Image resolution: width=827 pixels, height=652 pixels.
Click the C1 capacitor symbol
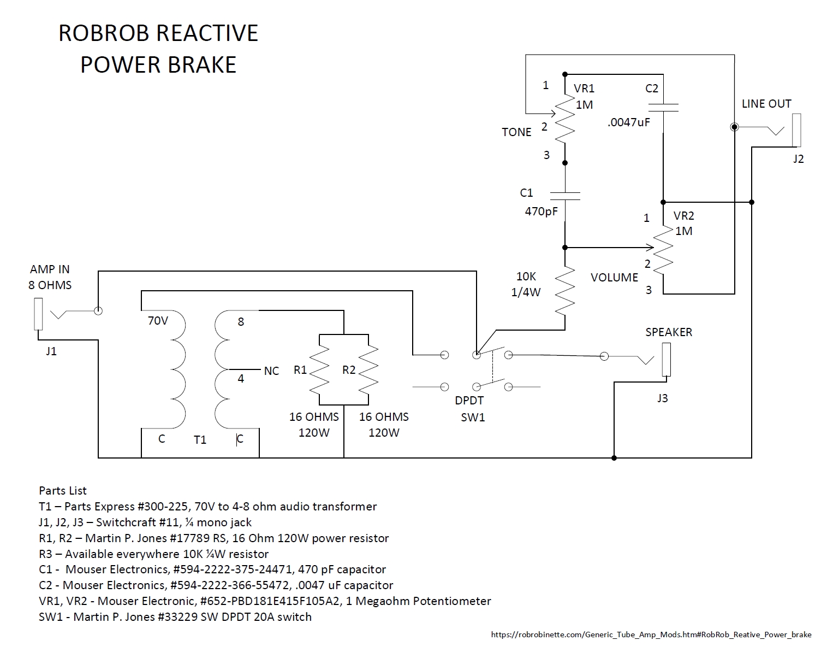(x=565, y=195)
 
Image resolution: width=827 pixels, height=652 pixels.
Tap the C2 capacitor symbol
(x=663, y=107)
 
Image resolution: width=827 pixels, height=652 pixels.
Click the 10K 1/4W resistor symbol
(x=565, y=290)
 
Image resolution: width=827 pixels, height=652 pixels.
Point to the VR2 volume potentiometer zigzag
(x=663, y=250)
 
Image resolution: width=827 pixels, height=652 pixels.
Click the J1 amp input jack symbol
(x=38, y=314)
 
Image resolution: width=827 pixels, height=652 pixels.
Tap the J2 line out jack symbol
(x=796, y=130)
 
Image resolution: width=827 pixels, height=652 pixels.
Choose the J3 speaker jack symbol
(x=665, y=360)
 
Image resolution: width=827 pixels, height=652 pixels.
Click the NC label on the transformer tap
(x=271, y=371)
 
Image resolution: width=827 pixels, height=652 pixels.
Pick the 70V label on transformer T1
(x=158, y=321)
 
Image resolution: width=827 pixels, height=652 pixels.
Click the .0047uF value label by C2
(x=628, y=122)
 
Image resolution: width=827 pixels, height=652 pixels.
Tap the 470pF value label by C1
(x=541, y=211)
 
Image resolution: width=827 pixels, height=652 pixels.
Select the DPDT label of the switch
(x=469, y=401)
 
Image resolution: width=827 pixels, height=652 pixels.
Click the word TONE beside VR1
(x=516, y=132)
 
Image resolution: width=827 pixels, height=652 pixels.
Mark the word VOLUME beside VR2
(x=614, y=278)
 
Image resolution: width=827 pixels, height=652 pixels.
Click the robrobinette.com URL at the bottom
(x=651, y=635)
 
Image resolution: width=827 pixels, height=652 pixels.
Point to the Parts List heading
(x=63, y=491)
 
